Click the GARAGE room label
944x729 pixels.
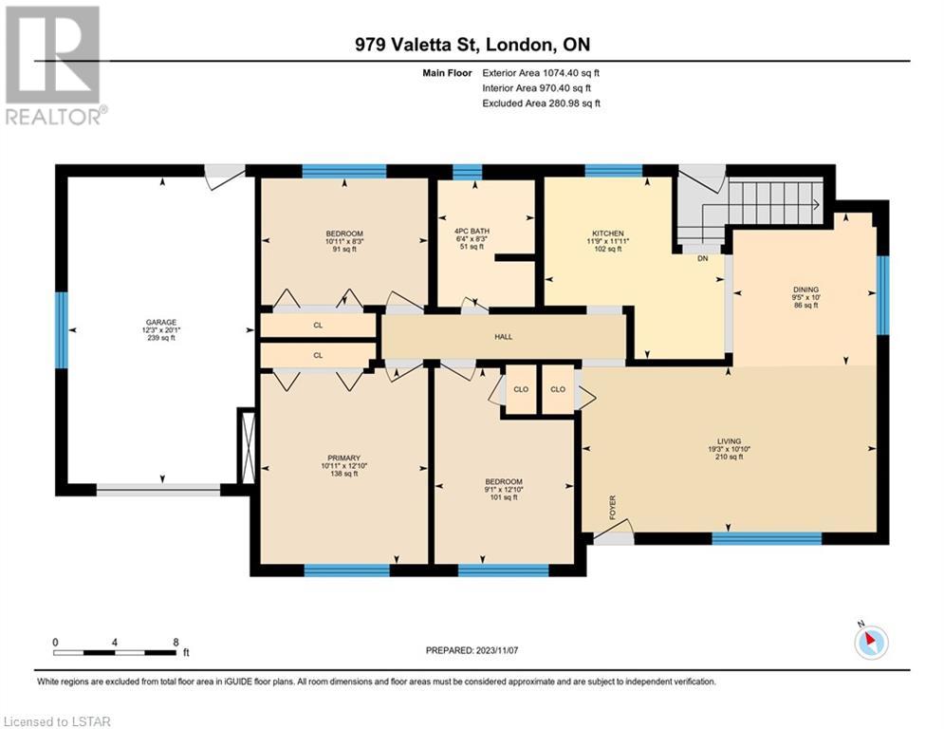tap(160, 323)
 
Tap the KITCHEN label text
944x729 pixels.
tap(608, 234)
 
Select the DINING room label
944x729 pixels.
tap(805, 290)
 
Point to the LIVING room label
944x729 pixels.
tap(729, 441)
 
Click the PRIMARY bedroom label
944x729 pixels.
tap(343, 458)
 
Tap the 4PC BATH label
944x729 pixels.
tap(472, 231)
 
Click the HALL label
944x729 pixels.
tap(503, 337)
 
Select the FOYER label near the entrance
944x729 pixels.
tap(613, 507)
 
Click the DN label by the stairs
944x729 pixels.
tap(703, 258)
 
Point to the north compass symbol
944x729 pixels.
tap(871, 641)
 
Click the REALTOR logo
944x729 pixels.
tap(54, 65)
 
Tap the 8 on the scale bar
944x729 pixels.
tap(176, 643)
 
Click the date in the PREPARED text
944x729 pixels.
tap(497, 650)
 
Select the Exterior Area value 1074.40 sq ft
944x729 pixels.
tap(571, 73)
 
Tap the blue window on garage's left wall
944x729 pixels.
tap(62, 330)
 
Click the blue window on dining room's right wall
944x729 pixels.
tap(882, 295)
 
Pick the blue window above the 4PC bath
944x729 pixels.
tap(468, 173)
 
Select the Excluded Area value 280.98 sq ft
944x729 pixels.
tap(572, 103)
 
